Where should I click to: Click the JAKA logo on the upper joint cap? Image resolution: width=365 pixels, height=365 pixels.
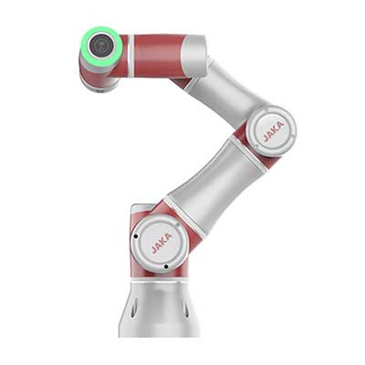[x=274, y=131]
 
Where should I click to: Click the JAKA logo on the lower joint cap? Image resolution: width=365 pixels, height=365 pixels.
[x=162, y=244]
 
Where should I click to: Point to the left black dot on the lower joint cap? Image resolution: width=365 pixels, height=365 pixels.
[x=136, y=236]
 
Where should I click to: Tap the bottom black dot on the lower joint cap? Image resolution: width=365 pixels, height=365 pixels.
[x=166, y=266]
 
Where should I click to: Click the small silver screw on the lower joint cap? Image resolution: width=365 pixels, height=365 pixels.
[x=177, y=225]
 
